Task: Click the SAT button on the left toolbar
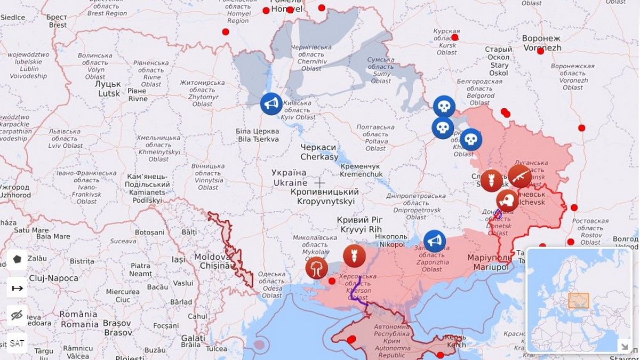point(17,343)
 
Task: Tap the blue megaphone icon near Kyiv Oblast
point(271,104)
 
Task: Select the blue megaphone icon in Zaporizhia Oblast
point(434,241)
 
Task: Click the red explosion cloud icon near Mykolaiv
point(317,268)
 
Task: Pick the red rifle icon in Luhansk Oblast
point(519,176)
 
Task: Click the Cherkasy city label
point(319,152)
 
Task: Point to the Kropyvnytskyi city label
point(325,196)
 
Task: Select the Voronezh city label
point(541,43)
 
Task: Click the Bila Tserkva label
point(258,135)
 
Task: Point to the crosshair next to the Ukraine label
point(319,182)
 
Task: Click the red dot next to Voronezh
point(541,51)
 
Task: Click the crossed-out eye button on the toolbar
point(17,315)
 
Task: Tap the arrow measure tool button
point(17,288)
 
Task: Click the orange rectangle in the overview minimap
point(578,301)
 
